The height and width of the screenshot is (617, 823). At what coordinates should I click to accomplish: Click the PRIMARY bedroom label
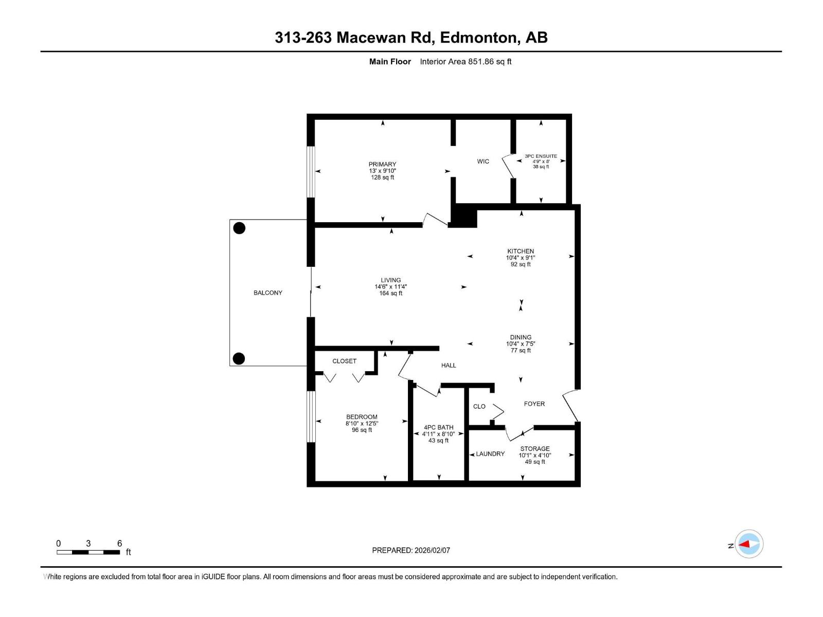382,165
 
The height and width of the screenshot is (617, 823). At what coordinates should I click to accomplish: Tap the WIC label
483,161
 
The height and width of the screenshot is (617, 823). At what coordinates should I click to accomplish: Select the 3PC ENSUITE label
541,156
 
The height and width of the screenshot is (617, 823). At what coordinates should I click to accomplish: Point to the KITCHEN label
521,251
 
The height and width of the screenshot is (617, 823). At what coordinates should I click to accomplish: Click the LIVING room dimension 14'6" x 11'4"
390,287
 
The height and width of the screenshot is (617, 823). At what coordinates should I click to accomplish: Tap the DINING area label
521,337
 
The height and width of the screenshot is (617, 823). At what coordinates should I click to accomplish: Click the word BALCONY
268,293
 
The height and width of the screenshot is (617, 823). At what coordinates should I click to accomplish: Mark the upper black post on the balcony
239,228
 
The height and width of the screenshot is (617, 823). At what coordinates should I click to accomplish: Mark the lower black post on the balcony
239,358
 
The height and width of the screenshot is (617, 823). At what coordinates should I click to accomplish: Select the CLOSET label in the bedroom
344,361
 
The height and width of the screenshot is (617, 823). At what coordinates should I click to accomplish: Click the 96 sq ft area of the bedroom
362,430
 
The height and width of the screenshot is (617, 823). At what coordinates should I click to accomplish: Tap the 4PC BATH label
438,427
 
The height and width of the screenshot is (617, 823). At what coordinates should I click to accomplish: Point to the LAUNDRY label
490,454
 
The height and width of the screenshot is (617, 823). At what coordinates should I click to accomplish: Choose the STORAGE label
535,448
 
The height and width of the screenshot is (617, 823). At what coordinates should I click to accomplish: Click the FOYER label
534,404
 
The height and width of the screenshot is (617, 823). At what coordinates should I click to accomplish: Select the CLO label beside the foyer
479,406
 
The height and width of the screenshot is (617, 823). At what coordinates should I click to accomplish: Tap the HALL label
449,365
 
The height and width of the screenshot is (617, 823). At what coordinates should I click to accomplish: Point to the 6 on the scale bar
119,543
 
